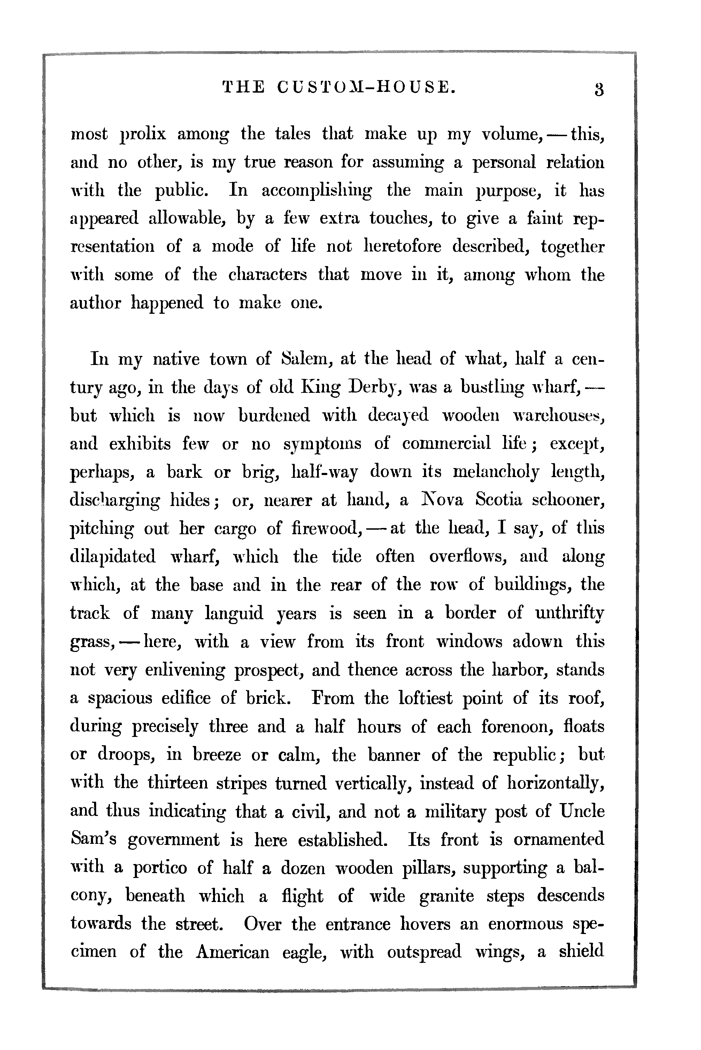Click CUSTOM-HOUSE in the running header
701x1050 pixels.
point(366,87)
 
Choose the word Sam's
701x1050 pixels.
point(93,840)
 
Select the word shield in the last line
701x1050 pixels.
point(581,952)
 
